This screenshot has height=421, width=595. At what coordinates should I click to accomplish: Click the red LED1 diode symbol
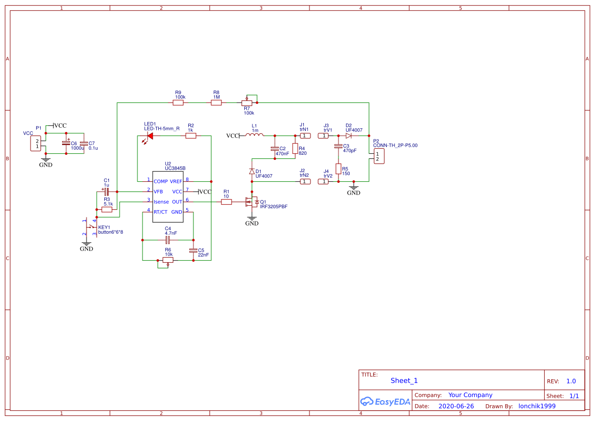click(149, 136)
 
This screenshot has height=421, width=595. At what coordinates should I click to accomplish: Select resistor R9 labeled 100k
click(178, 103)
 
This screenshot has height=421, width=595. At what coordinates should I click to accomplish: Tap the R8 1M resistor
click(216, 103)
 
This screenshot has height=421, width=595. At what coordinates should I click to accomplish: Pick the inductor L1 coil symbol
click(255, 135)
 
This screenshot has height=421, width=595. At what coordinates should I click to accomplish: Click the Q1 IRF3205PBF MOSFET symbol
click(253, 202)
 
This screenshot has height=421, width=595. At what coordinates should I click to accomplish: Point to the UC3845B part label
click(175, 168)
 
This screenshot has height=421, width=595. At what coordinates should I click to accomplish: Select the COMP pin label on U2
click(161, 181)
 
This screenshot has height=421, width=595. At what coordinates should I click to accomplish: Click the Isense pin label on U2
click(161, 202)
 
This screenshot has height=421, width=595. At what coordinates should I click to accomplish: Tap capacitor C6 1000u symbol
click(66, 144)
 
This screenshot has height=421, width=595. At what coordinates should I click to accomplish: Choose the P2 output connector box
click(378, 157)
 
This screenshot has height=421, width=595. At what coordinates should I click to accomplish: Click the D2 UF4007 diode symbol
click(349, 136)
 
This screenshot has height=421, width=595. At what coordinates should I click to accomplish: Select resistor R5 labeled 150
click(338, 169)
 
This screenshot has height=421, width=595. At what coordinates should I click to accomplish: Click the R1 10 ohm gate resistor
click(226, 202)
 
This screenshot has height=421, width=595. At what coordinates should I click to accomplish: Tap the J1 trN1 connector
click(304, 136)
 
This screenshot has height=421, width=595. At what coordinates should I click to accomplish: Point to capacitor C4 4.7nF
click(167, 239)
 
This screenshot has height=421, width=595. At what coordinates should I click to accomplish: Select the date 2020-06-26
click(456, 406)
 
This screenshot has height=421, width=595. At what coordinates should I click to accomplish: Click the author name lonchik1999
click(536, 406)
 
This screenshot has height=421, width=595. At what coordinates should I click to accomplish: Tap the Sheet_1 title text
click(404, 380)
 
